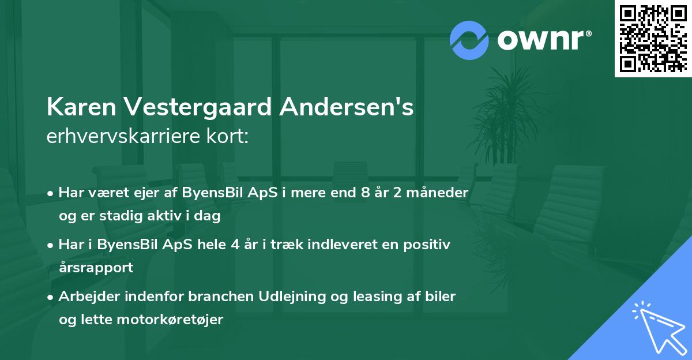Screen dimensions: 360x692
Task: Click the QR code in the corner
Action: (x=653, y=39)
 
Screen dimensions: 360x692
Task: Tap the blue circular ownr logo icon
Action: (x=469, y=40)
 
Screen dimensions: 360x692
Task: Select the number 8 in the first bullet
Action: (x=366, y=193)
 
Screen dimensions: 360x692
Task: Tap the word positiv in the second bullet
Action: (x=429, y=244)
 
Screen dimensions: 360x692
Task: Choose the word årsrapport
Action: (x=96, y=268)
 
